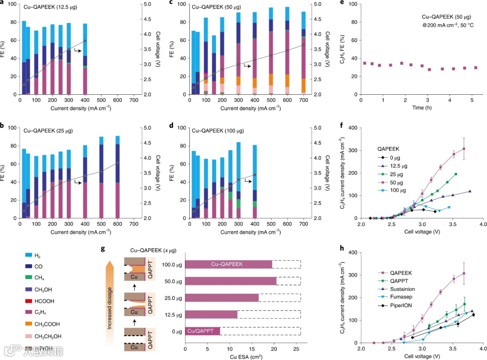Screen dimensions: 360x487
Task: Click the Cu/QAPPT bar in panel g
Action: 202,331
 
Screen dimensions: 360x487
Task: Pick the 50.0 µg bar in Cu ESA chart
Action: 231,281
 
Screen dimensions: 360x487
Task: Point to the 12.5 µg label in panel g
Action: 170,314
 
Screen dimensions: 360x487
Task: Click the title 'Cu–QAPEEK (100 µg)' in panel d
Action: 219,131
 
